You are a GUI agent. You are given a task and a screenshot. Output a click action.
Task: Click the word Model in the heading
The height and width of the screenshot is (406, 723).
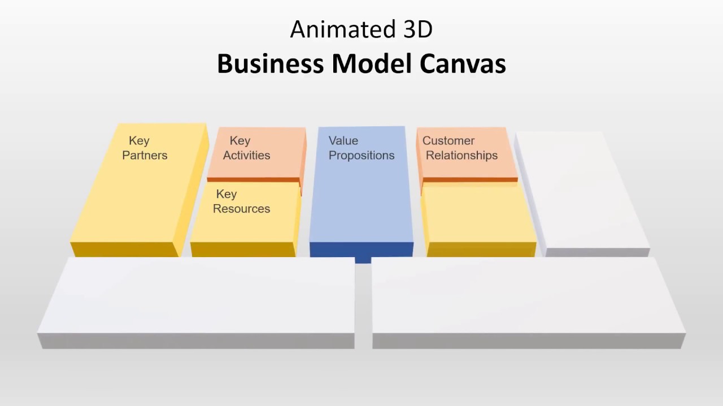click(372, 64)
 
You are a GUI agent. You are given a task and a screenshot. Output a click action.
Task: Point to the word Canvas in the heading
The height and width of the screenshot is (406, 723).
click(462, 64)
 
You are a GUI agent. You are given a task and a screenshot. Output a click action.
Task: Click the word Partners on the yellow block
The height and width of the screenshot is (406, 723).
click(145, 155)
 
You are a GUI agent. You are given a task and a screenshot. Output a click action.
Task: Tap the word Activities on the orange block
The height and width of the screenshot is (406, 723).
click(246, 155)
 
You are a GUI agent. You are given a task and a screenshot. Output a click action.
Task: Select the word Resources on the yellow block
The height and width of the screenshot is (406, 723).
click(241, 209)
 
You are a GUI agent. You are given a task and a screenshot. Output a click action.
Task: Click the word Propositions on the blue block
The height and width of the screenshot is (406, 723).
click(361, 155)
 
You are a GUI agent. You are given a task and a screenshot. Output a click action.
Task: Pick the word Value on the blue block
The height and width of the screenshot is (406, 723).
click(343, 140)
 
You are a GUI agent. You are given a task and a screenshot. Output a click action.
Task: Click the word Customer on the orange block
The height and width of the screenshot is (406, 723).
click(448, 140)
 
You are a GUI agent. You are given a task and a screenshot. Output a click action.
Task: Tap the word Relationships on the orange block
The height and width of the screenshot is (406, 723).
click(461, 155)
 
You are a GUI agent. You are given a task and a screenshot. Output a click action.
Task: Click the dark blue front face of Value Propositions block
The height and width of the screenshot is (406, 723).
click(361, 249)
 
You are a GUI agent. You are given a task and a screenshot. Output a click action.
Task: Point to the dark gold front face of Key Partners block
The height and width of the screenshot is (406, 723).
click(124, 249)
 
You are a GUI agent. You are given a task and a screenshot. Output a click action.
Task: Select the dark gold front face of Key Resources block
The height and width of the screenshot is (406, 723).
click(243, 249)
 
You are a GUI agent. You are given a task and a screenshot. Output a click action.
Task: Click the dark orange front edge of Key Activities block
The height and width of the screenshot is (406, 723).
click(254, 180)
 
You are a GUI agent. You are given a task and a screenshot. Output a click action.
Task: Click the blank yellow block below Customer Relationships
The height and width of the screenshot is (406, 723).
click(479, 214)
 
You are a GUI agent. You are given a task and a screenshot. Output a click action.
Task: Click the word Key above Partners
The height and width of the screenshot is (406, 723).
click(139, 140)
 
